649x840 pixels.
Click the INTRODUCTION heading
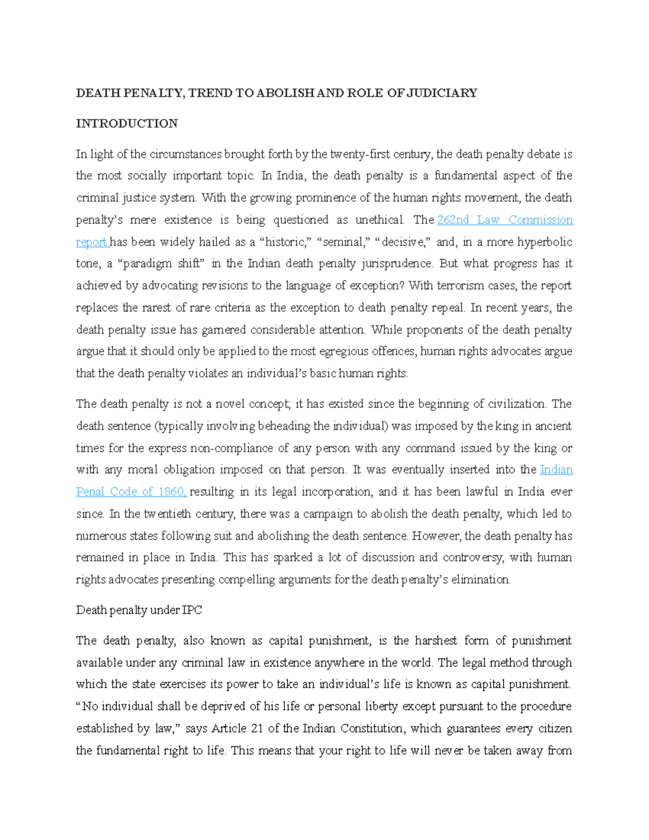(x=127, y=123)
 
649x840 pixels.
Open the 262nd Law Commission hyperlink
(x=504, y=220)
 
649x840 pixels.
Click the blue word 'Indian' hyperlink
(x=556, y=469)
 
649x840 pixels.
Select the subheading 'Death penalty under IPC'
(x=139, y=610)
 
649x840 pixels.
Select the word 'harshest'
(x=436, y=640)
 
